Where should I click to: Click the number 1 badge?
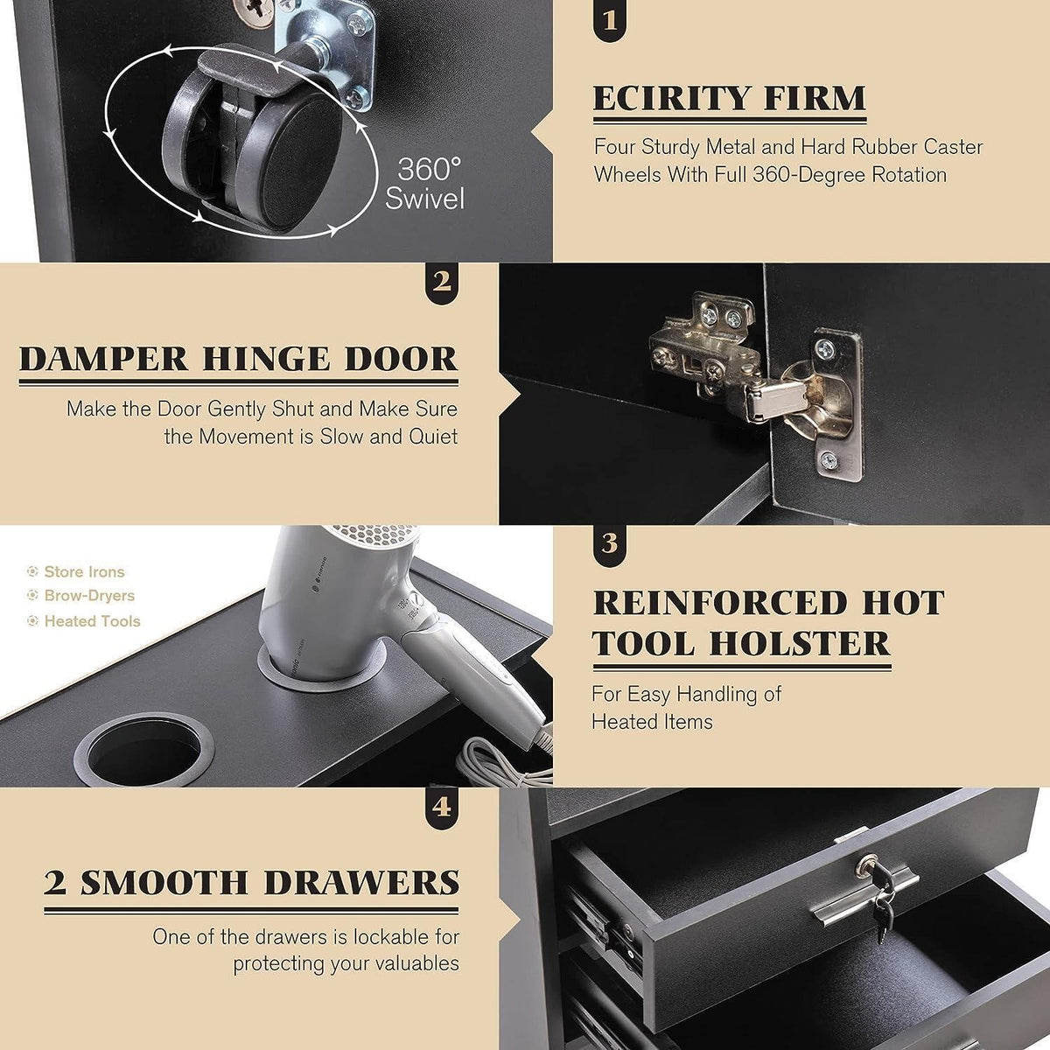coord(610,20)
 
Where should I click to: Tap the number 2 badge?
coord(442,282)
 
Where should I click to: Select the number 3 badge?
coord(610,543)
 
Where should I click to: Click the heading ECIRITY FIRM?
coord(729,98)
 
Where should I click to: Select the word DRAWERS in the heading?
coord(361,883)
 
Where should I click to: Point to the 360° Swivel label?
coord(425,184)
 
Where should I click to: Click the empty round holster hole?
coord(143,749)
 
